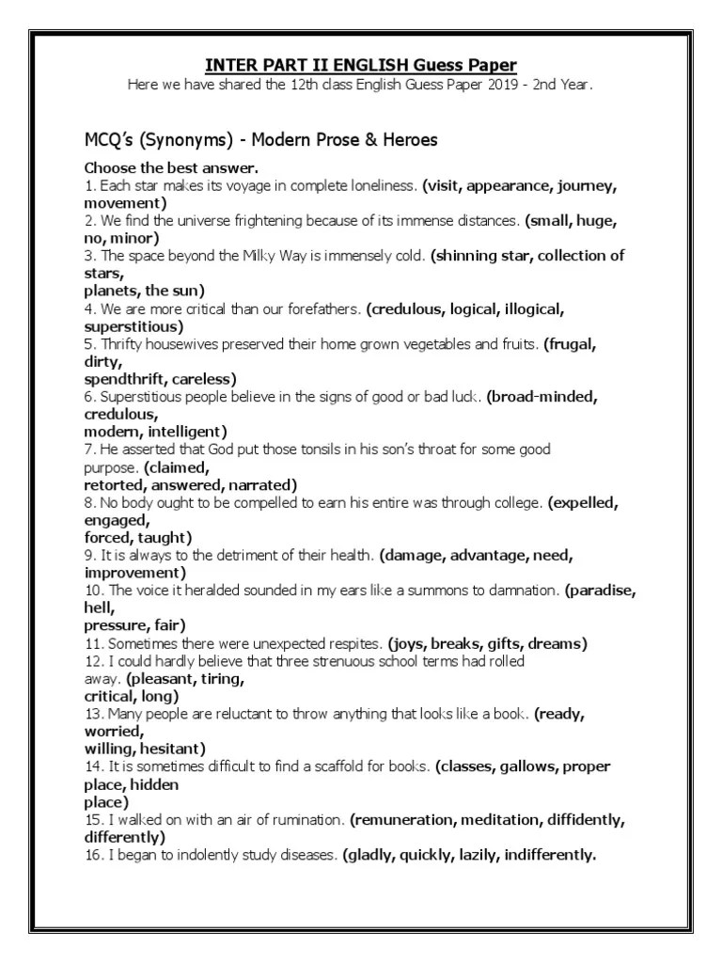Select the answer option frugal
(x=572, y=344)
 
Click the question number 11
(x=93, y=643)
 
